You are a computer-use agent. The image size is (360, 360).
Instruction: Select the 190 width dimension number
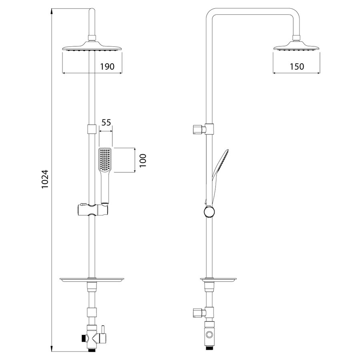pos(107,66)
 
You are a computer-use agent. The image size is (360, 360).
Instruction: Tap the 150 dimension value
pos(297,66)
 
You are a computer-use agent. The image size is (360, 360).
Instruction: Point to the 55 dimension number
pos(106,123)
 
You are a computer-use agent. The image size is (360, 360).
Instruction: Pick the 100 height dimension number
pos(143,160)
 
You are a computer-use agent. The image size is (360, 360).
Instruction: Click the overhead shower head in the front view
pos(92,46)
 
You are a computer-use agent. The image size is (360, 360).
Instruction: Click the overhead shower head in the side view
pos(296,46)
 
